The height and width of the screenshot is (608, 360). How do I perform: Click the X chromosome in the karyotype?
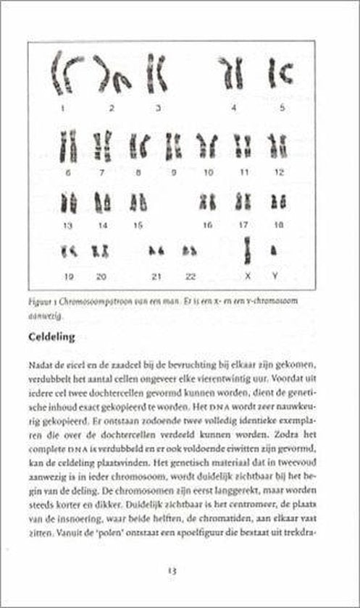tap(247, 249)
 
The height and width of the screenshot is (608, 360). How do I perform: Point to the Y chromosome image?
tap(275, 251)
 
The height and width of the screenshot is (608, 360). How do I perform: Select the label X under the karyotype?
tap(248, 276)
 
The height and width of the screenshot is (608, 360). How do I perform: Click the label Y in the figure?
tap(275, 276)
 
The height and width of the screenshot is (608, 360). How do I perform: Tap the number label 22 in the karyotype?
tap(191, 276)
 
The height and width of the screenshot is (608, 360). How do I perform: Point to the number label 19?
tap(69, 276)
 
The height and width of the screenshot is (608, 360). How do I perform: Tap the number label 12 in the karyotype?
tap(277, 172)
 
